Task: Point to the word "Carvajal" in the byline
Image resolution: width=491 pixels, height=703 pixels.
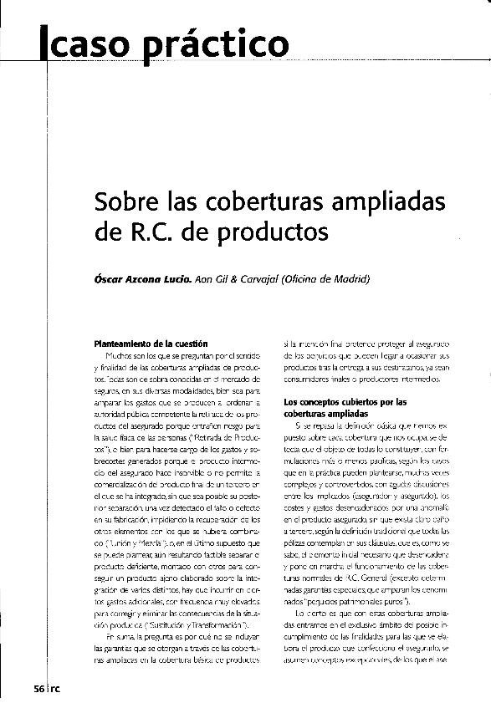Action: (x=260, y=278)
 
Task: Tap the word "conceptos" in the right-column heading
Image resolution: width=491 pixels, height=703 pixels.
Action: (x=313, y=400)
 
